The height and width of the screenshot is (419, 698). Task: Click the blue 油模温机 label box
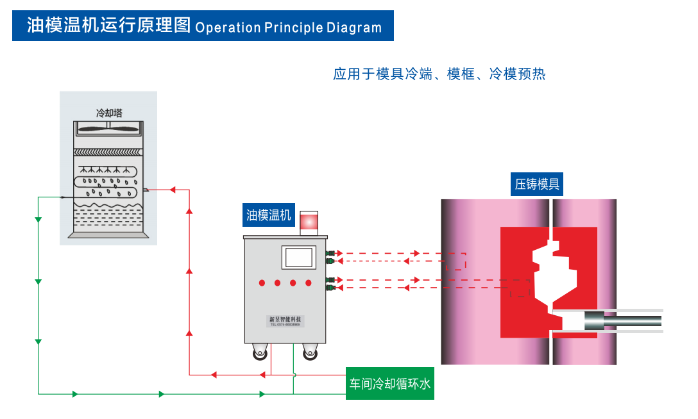coord(269,215)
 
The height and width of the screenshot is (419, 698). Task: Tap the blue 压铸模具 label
coord(537,185)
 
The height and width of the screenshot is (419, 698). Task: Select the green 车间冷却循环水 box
coord(389,385)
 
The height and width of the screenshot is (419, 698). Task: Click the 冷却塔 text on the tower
coord(109,113)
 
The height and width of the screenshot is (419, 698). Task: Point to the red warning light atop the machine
coord(309,222)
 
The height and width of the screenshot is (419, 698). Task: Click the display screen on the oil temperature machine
coord(299,257)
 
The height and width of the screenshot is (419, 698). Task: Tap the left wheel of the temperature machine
coord(260,352)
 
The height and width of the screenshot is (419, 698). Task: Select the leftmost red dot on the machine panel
coord(262,283)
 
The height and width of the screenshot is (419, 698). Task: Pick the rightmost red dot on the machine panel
coord(309,283)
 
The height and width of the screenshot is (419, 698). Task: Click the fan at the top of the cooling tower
coord(108,128)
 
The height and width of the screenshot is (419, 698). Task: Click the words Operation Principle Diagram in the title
coord(288,28)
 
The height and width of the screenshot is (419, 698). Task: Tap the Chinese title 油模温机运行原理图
coord(108,26)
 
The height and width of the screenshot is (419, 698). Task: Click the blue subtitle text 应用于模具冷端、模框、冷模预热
coord(439,74)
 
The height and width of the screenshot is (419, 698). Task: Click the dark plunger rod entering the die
coord(629,320)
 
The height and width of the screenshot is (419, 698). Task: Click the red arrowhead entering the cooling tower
coord(172,190)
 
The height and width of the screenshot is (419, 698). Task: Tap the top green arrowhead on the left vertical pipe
coord(38,220)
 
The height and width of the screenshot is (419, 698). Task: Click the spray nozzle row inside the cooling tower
coord(108,170)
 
